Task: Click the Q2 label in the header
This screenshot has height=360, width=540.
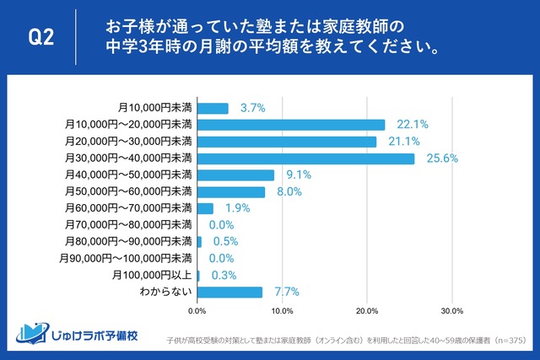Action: click(x=40, y=38)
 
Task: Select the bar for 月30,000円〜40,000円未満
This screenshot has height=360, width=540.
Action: click(x=305, y=159)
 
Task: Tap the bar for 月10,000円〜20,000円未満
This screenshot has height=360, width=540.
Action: click(x=290, y=125)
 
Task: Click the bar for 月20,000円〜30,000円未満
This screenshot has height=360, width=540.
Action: click(x=286, y=142)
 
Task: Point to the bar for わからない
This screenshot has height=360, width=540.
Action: click(x=229, y=292)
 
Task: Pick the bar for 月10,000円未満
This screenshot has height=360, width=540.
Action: click(x=213, y=108)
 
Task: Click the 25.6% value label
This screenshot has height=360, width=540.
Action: click(x=441, y=159)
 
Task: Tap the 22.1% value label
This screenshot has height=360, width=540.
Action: click(x=412, y=125)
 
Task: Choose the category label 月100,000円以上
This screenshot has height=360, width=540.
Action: click(x=153, y=275)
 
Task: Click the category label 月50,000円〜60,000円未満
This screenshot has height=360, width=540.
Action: click(x=129, y=191)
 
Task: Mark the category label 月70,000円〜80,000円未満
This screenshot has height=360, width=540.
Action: click(x=129, y=225)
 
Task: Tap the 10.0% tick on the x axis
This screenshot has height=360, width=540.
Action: click(x=282, y=311)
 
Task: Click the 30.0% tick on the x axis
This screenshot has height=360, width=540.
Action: click(x=451, y=311)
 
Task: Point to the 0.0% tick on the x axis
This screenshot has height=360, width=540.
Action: click(x=197, y=311)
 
